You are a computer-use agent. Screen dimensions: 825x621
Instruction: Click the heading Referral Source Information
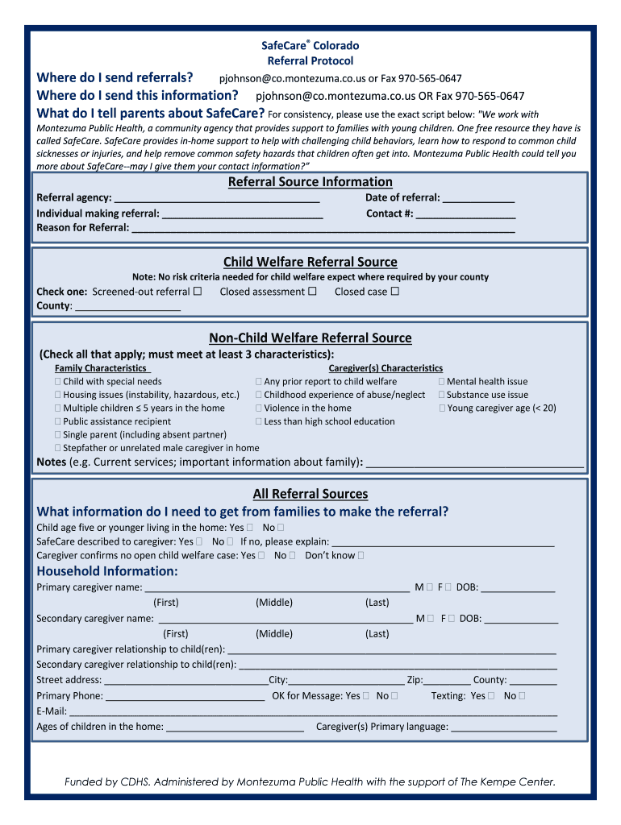[310, 182]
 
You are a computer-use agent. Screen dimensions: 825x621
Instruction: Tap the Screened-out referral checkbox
[198, 292]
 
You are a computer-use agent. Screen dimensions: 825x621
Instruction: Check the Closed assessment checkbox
[312, 292]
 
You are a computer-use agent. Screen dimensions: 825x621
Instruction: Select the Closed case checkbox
[394, 292]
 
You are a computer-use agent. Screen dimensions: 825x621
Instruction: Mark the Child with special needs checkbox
[58, 382]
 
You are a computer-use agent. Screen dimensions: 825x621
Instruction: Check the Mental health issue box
[442, 382]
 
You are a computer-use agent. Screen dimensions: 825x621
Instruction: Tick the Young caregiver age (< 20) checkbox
[442, 408]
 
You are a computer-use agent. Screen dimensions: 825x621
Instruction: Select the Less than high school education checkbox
[259, 421]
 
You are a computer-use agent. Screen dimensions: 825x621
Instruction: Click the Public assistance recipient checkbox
[58, 421]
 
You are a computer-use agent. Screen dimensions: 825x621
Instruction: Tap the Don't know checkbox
[361, 555]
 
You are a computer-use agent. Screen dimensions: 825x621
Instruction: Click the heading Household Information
[107, 571]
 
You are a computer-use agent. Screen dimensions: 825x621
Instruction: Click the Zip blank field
[447, 680]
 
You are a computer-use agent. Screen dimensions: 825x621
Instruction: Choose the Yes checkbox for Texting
[492, 696]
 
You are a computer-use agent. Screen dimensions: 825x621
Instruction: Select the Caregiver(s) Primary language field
[503, 728]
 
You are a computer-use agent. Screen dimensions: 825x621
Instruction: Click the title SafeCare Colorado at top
[310, 46]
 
